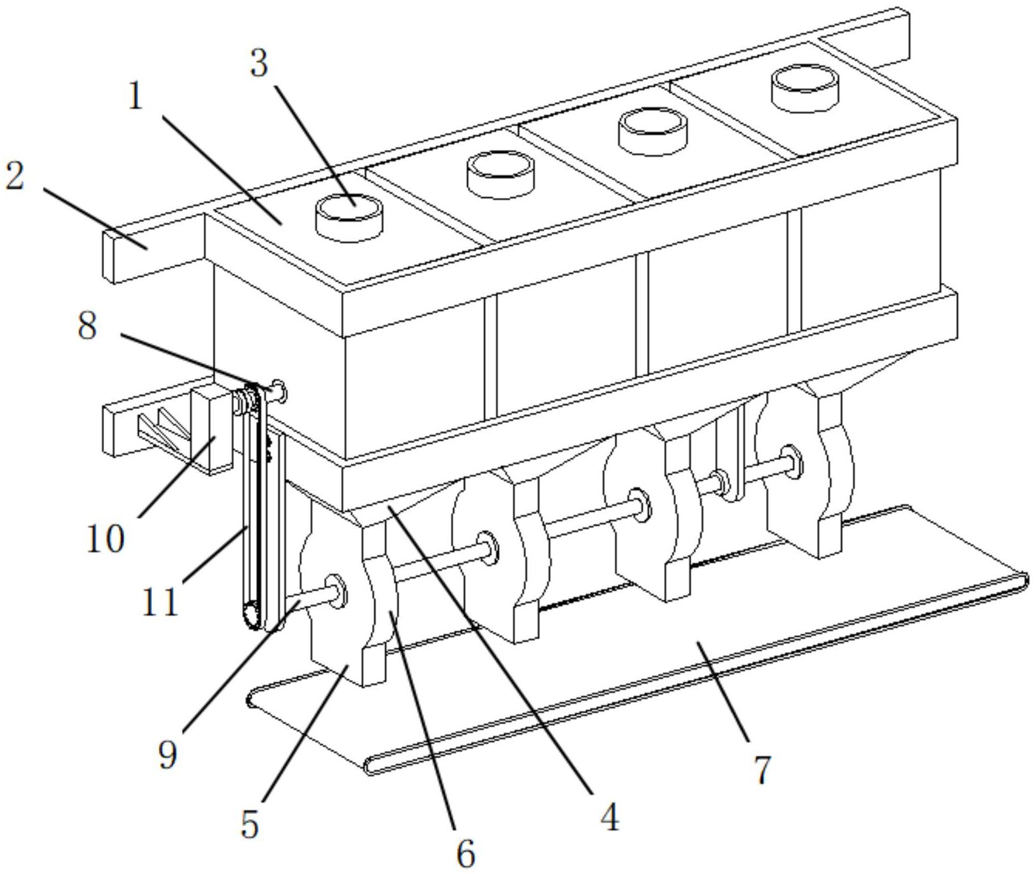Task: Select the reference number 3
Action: [x=259, y=64]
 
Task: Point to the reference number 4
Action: [x=608, y=817]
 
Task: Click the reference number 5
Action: [x=250, y=824]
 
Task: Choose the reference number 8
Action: [x=88, y=326]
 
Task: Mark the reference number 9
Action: [x=167, y=754]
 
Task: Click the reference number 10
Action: [x=106, y=539]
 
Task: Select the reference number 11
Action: [x=160, y=602]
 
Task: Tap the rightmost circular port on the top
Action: [x=806, y=88]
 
